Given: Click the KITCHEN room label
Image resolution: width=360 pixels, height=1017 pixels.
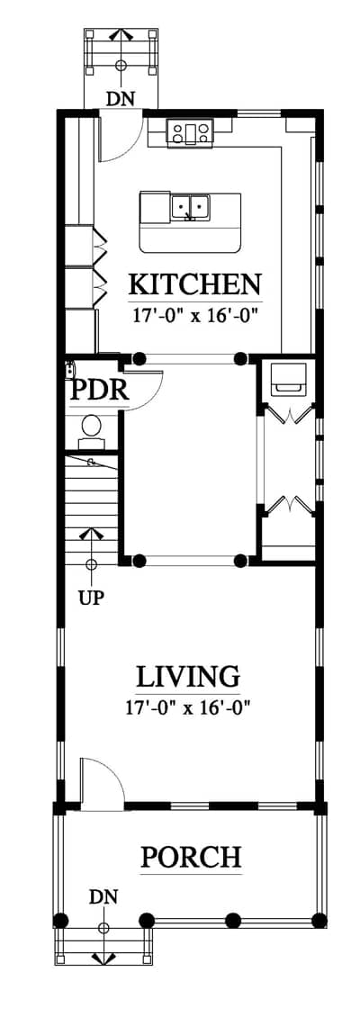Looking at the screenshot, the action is click(195, 284).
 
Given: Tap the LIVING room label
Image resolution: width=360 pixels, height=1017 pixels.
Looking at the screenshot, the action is click(188, 677).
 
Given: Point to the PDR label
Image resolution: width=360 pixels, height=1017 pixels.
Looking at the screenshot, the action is click(100, 391).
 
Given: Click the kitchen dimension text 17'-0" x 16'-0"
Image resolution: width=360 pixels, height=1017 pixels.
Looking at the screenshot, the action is click(195, 316).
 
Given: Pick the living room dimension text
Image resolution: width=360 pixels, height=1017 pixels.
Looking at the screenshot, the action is click(188, 707).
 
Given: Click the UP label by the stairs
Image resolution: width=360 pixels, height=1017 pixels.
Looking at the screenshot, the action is click(91, 598).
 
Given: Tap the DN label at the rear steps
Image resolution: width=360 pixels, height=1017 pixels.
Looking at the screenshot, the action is click(121, 99).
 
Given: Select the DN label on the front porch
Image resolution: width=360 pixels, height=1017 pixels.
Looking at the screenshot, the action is click(104, 897).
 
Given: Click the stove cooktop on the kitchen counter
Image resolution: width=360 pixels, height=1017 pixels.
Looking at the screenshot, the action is click(189, 132).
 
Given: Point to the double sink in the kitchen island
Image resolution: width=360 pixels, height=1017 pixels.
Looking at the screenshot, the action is click(189, 208).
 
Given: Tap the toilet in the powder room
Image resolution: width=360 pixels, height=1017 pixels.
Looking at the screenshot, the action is click(91, 429).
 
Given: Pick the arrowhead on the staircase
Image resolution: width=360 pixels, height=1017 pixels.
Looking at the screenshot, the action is click(91, 534).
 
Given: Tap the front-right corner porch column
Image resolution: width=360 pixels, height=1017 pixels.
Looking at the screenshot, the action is click(319, 920).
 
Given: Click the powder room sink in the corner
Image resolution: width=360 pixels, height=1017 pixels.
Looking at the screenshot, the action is click(71, 369).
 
